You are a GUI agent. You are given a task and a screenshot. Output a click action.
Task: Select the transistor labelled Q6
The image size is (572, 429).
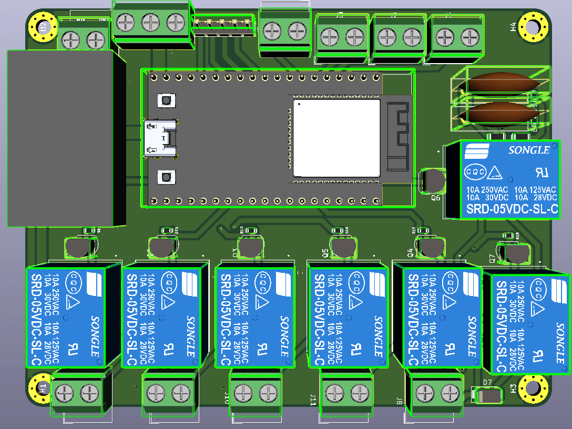point(433,181)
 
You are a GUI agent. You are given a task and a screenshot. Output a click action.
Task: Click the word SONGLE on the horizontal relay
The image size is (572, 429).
point(529,150)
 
